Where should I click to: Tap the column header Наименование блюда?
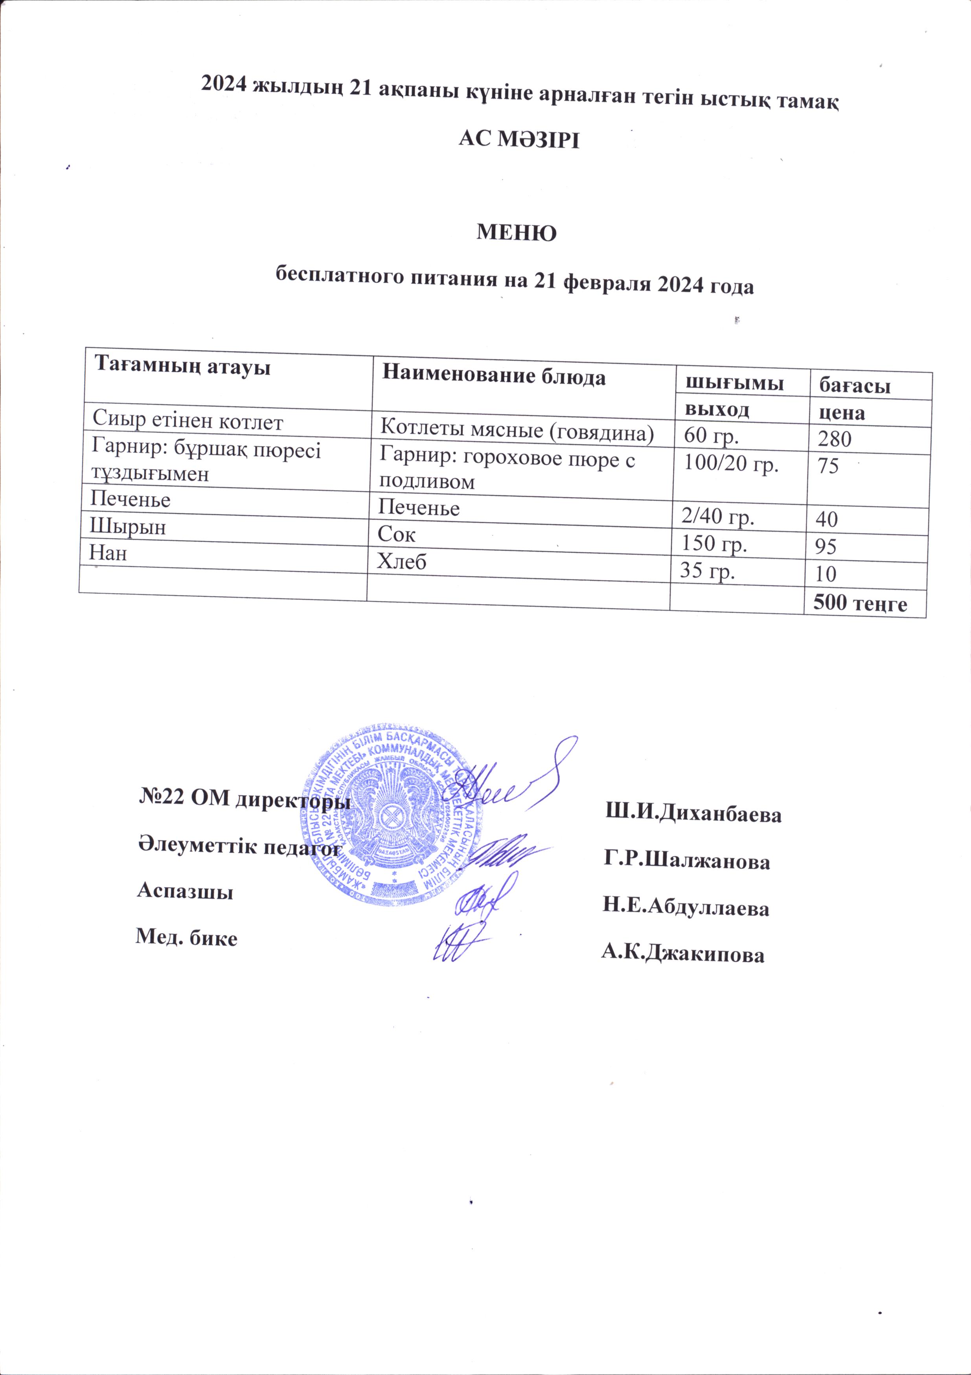click(494, 376)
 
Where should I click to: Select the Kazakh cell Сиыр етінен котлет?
click(188, 422)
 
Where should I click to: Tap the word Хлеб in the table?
click(401, 562)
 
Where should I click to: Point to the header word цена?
click(843, 413)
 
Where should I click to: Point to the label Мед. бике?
click(186, 938)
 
